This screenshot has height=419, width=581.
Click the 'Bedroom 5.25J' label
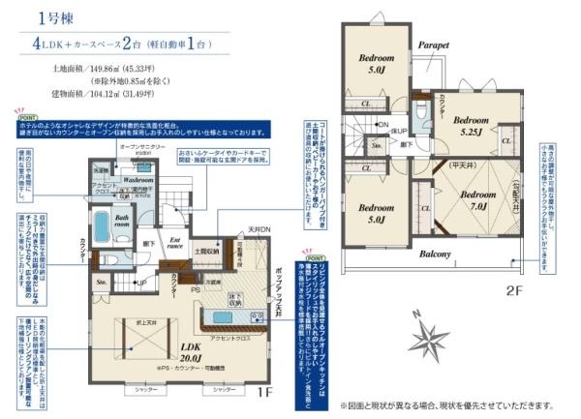point(472,125)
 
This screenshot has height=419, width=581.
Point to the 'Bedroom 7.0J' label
point(471,198)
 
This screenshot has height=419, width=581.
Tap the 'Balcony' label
point(436,254)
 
